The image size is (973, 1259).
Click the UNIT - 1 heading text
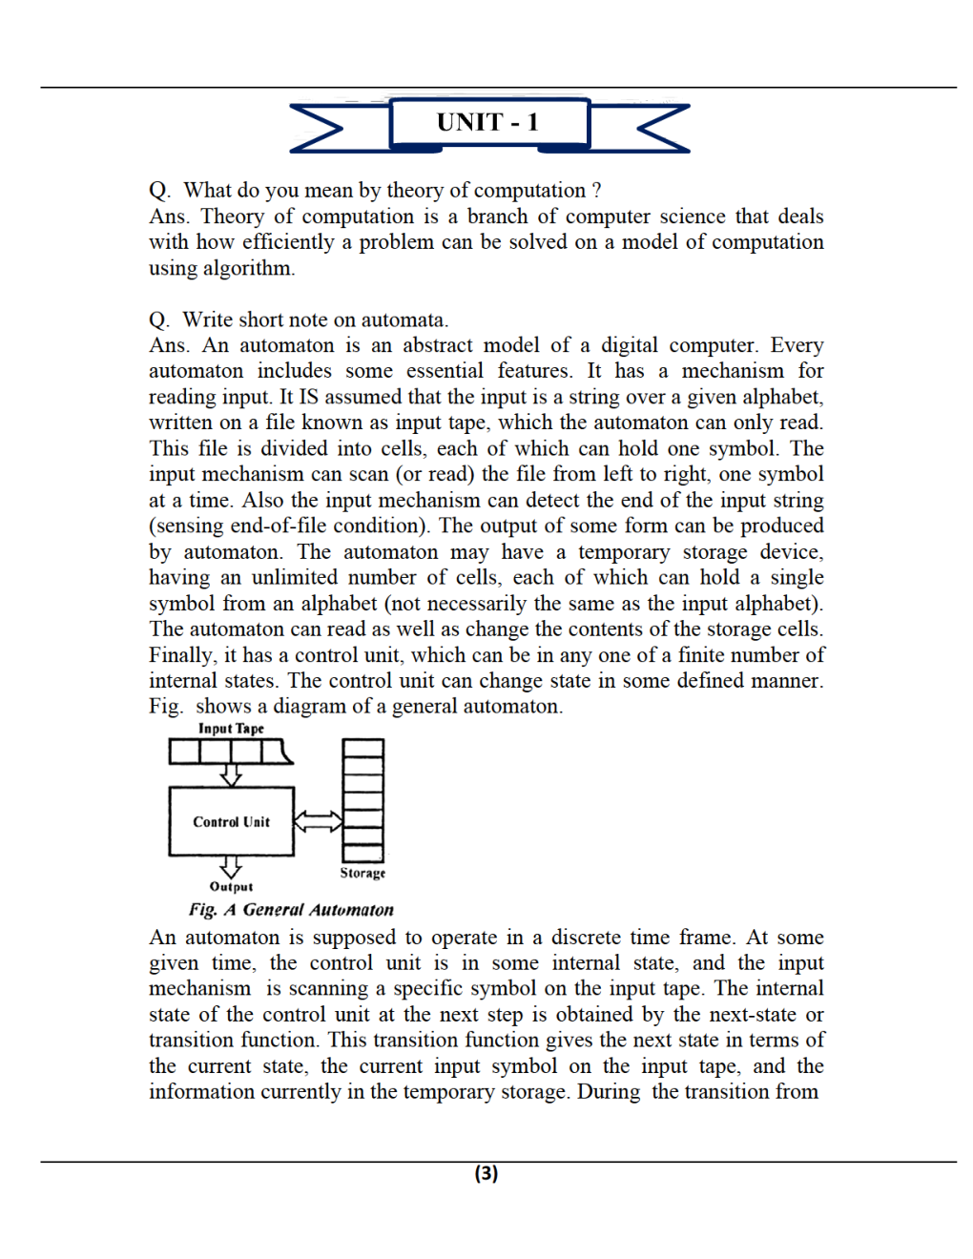tap(487, 122)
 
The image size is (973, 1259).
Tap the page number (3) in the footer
tap(486, 1173)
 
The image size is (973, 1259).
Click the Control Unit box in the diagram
tap(231, 821)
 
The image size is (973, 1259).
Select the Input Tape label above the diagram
tap(231, 729)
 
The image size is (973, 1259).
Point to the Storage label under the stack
tap(362, 873)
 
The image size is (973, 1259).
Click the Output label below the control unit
tap(231, 886)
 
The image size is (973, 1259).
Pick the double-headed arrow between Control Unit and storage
tap(318, 821)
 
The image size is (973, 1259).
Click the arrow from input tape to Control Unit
tap(231, 774)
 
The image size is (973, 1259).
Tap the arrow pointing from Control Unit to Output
tap(231, 866)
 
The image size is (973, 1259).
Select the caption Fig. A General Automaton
tap(291, 910)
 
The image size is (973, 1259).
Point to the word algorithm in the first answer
tap(246, 268)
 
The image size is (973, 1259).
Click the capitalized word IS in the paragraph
tap(309, 397)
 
